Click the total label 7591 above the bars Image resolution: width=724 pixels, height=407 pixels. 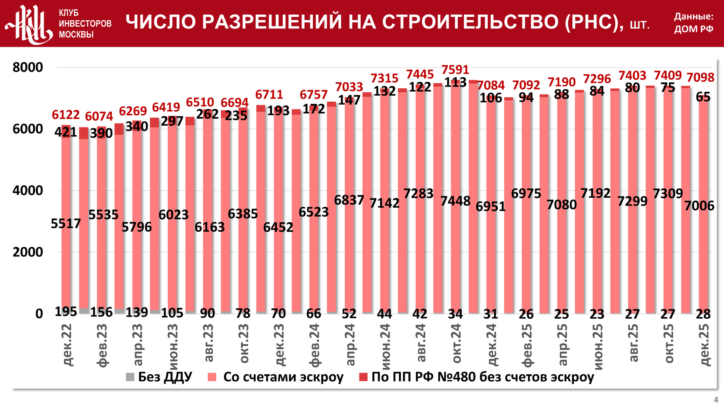(455, 70)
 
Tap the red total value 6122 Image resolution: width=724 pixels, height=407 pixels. (66, 115)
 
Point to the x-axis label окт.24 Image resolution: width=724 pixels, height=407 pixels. (456, 344)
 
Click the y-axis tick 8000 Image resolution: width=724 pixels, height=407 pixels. (28, 67)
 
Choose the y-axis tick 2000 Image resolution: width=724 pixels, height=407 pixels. (28, 252)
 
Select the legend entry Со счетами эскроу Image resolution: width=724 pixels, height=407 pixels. (283, 377)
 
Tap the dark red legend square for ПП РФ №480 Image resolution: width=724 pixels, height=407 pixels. (363, 377)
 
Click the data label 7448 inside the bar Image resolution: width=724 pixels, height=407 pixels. (455, 201)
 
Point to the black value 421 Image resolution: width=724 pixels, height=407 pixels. (66, 132)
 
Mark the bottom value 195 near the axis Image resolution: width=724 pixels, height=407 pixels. (66, 311)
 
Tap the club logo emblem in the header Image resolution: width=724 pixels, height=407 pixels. (29, 24)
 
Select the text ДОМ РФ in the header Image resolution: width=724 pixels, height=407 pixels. (693, 29)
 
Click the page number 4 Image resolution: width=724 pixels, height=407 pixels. (716, 400)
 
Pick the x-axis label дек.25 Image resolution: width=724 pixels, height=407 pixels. (704, 345)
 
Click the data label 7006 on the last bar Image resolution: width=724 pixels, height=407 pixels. (699, 206)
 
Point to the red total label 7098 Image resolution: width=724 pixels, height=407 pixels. (700, 78)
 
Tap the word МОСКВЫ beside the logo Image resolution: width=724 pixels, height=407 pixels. (76, 34)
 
